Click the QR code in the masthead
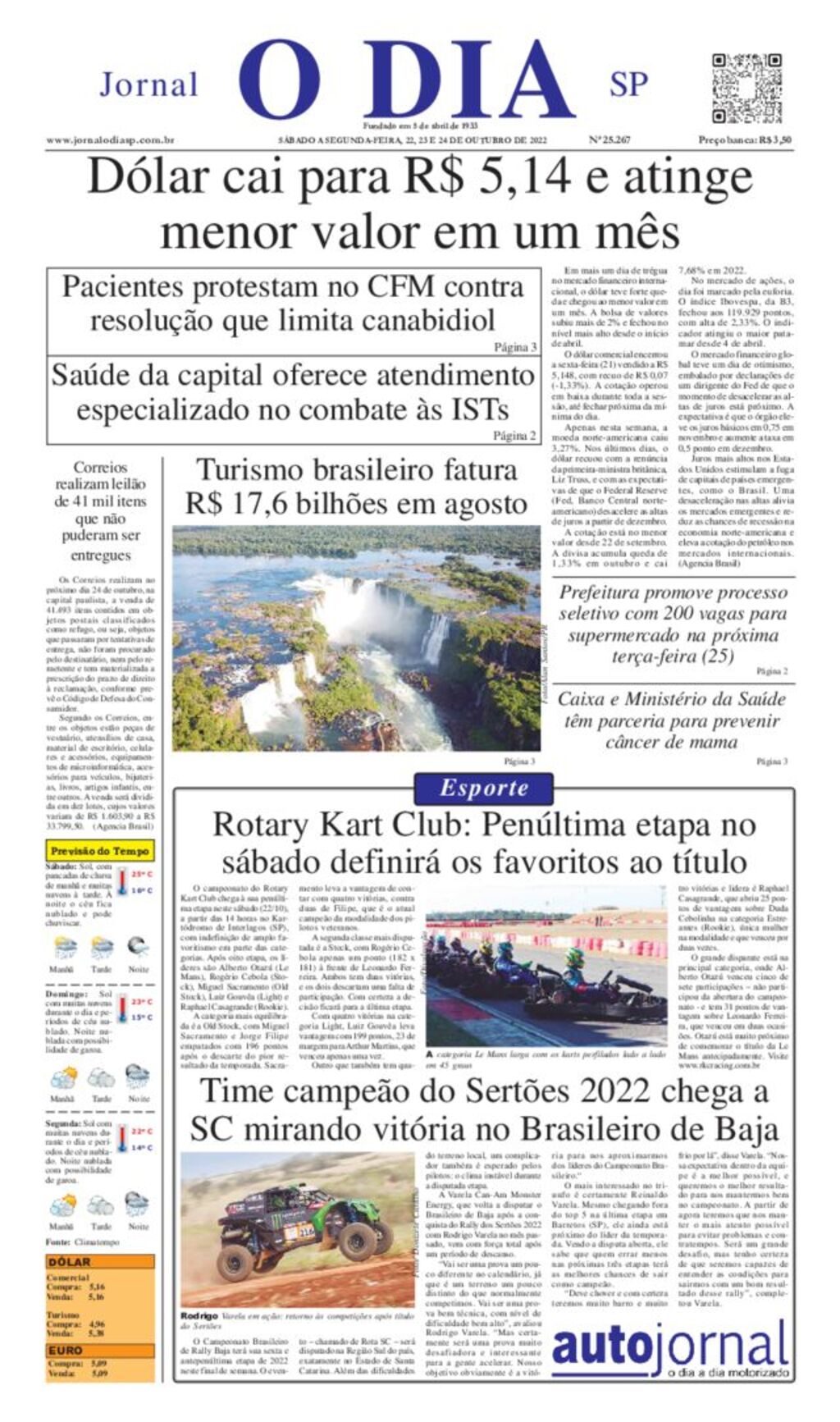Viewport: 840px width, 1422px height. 746,88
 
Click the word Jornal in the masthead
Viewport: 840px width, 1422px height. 148,85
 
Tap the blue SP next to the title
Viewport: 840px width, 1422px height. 628,84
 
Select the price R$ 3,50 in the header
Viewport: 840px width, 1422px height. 775,140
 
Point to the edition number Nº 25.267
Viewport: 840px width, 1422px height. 609,140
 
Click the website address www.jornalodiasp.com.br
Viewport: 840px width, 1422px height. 110,140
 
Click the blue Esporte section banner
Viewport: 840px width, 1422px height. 484,789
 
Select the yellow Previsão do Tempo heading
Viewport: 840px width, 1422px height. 100,851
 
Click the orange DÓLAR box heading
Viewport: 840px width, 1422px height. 70,1262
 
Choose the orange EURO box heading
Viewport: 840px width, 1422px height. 66,1350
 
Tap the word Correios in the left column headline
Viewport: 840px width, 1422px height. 100,468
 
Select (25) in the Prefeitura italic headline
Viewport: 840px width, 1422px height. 718,656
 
